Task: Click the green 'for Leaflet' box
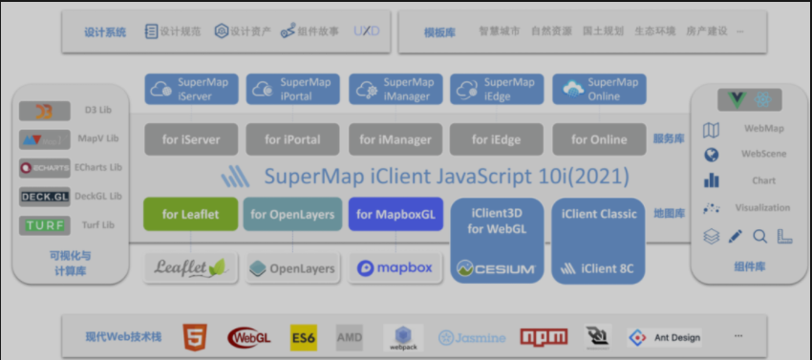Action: coord(190,214)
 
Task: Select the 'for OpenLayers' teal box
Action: coord(292,214)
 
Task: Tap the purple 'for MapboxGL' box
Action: coord(395,214)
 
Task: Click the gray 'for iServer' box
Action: coord(190,139)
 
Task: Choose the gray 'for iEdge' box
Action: coord(497,139)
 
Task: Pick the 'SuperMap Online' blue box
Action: coord(599,89)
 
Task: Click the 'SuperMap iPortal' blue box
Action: coord(292,89)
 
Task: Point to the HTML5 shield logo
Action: coord(195,337)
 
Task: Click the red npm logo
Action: coord(544,337)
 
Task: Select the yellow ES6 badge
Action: coord(303,337)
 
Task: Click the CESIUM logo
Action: coord(496,268)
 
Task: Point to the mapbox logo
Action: coord(395,268)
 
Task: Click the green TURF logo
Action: coord(44,225)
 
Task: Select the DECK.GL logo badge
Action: coord(44,197)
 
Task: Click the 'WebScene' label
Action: coord(763,154)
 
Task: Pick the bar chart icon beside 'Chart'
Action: coord(711,180)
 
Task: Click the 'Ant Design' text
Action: coord(676,337)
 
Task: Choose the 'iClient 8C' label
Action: coord(607,268)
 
